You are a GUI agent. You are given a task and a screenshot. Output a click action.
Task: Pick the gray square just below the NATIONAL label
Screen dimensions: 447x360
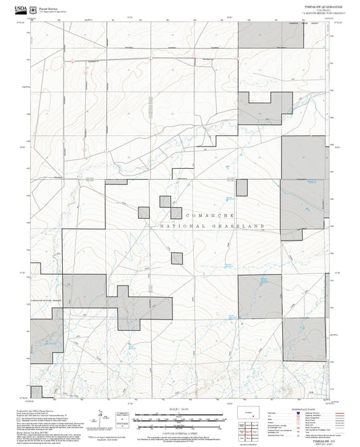(x=177, y=257)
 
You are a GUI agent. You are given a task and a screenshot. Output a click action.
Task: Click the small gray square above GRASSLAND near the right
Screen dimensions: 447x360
(x=241, y=188)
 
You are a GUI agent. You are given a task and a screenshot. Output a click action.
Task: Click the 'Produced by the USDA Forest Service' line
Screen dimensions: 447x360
(x=47, y=409)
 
